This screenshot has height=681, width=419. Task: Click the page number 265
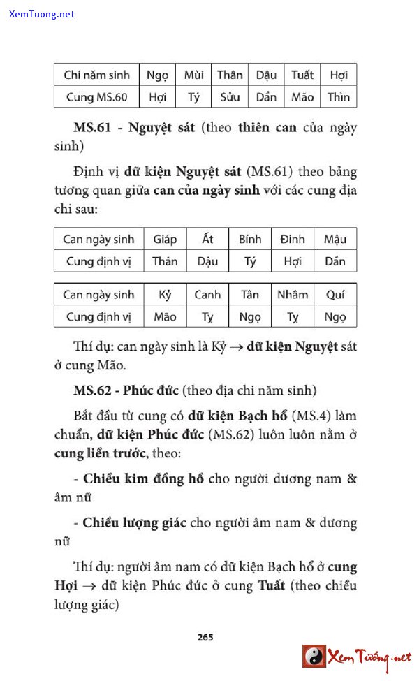pos(205,636)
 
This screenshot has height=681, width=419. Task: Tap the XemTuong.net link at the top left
pos(42,14)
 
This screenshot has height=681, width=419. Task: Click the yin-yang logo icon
pos(314,657)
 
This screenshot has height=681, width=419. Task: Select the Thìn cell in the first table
pos(339,97)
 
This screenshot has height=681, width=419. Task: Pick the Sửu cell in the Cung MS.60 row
pos(230,97)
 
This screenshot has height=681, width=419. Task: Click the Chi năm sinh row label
pos(96,75)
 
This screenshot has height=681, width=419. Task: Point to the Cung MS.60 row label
pos(96,97)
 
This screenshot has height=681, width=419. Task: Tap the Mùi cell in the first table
pos(193,75)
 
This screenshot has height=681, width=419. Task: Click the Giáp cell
pos(165,239)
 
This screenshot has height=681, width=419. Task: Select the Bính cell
pos(250,239)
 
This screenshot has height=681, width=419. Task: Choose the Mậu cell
pos(335,239)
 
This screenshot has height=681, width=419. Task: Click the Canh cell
pos(207,294)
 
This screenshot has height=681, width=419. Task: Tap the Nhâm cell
pos(293,294)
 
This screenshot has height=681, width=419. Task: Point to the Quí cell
pos(335,294)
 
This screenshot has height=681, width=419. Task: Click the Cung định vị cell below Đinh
pos(293,261)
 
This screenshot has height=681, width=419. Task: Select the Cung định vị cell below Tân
pos(250,316)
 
